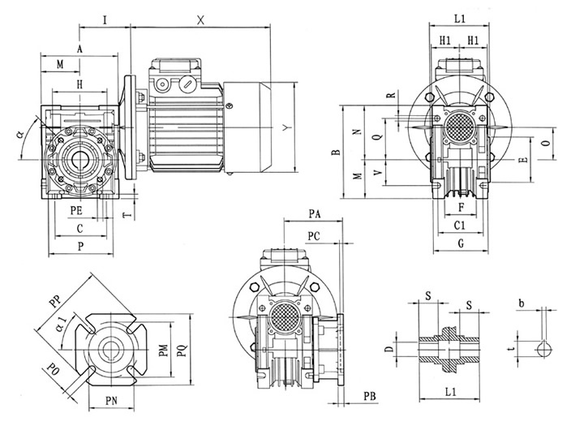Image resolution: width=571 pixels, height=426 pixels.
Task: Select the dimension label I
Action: coord(106,19)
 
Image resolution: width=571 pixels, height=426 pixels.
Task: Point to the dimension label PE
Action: coord(76,210)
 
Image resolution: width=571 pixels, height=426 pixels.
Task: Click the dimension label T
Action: coord(124,214)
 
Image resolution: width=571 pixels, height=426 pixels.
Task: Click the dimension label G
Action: coord(459,243)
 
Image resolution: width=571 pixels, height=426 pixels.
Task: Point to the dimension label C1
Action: coord(459,225)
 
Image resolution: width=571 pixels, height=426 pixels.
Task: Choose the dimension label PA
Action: coord(317,213)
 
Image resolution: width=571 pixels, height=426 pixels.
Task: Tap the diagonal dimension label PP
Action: coord(55,299)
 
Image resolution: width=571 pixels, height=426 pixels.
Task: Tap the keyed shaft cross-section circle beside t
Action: coord(544,349)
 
